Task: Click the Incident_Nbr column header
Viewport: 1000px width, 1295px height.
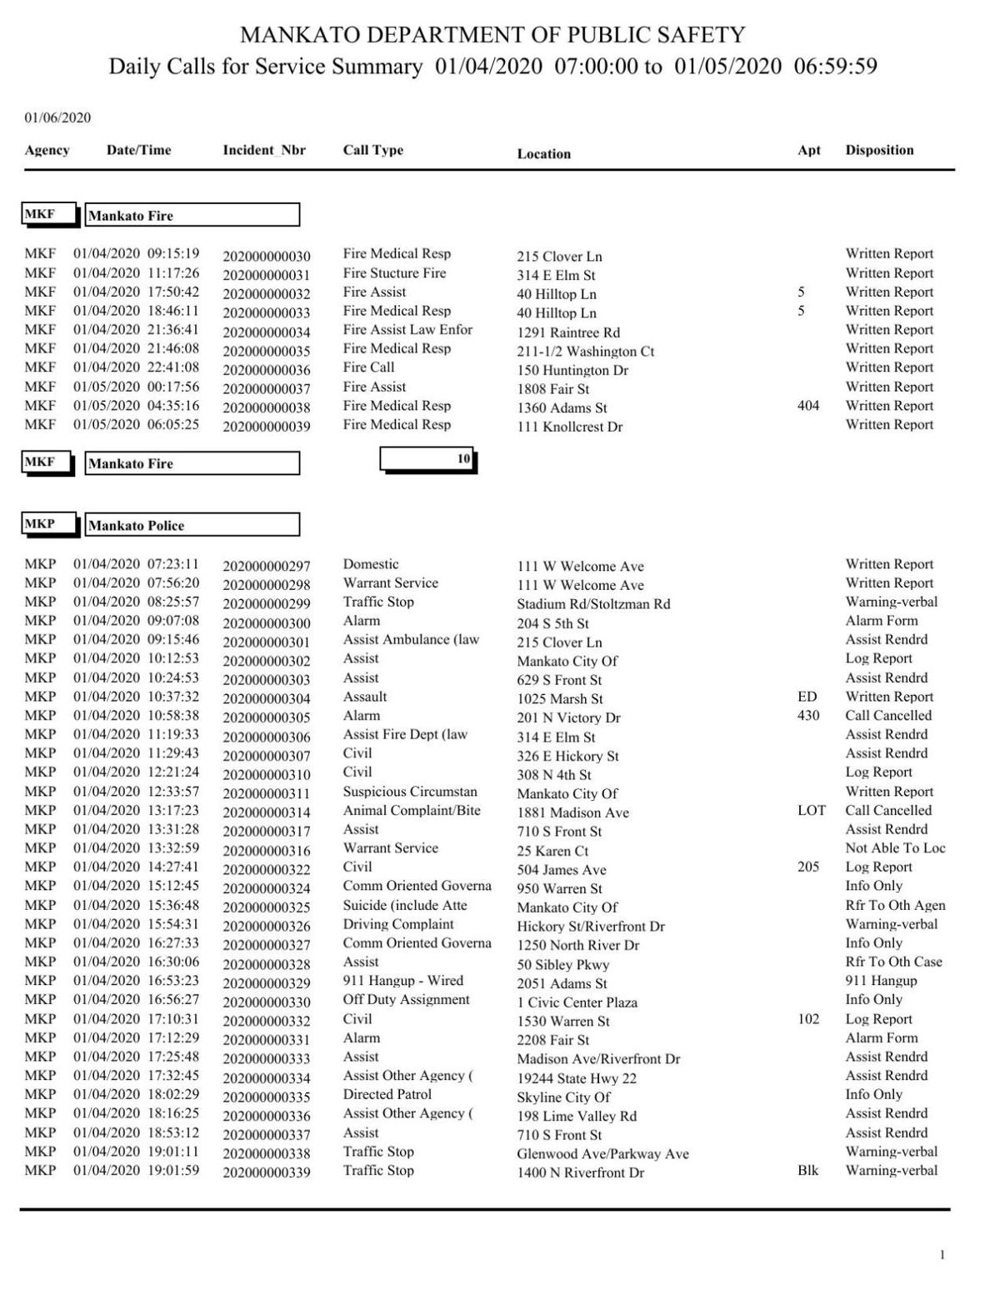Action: pyautogui.click(x=264, y=151)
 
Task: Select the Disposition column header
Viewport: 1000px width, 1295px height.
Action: pyautogui.click(x=879, y=151)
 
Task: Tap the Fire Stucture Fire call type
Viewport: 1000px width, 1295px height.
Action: pyautogui.click(x=394, y=273)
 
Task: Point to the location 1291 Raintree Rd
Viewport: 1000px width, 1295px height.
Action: pyautogui.click(x=568, y=332)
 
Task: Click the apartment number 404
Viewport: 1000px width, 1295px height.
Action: pyautogui.click(x=808, y=406)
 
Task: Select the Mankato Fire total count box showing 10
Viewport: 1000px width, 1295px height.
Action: pyautogui.click(x=427, y=459)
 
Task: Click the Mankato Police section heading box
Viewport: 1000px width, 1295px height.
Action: pyautogui.click(x=192, y=526)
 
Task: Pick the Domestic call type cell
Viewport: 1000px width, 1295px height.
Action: pyautogui.click(x=371, y=564)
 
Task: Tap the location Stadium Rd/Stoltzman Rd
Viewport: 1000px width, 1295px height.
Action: pyautogui.click(x=593, y=604)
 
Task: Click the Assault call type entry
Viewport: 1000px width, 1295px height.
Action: pyautogui.click(x=365, y=697)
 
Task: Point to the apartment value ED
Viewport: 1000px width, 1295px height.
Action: pyautogui.click(x=807, y=697)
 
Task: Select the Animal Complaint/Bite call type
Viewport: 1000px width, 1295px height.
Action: pyautogui.click(x=412, y=810)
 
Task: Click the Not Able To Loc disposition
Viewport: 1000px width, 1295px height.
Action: pyautogui.click(x=895, y=848)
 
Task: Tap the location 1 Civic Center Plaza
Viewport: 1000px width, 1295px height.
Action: pyautogui.click(x=577, y=1002)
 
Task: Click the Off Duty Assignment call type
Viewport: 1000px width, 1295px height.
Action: pyautogui.click(x=406, y=1000)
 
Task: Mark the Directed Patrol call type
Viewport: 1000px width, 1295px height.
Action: pyautogui.click(x=387, y=1094)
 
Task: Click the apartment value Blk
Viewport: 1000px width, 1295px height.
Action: pyautogui.click(x=807, y=1171)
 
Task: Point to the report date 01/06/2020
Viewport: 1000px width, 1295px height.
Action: pyautogui.click(x=57, y=117)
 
